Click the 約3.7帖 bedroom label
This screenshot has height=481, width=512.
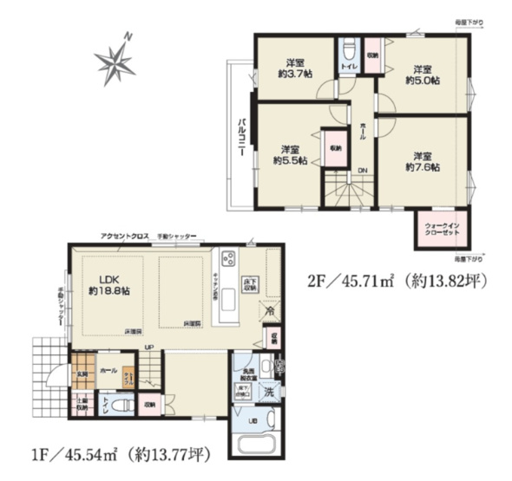295,68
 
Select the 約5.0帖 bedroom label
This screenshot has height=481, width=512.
422,74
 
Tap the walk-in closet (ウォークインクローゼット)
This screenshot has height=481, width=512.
438,230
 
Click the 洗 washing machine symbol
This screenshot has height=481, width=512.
271,393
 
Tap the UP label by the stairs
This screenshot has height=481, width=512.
150,348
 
